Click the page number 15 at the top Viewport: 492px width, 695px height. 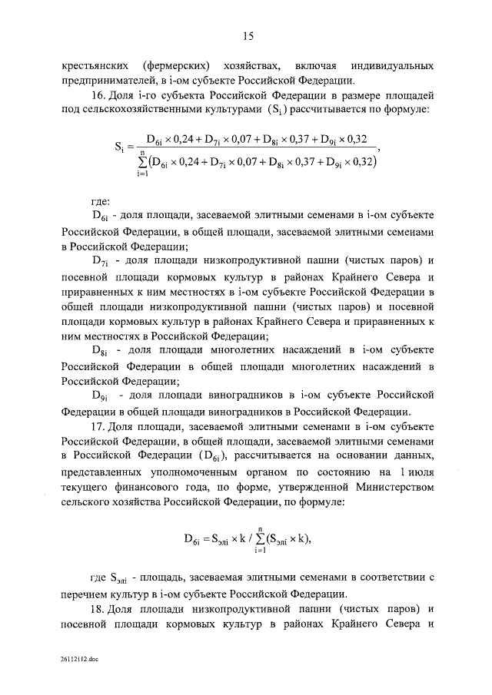tap(247, 35)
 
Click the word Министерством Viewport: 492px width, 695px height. tap(388, 486)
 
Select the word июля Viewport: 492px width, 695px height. tap(414, 471)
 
